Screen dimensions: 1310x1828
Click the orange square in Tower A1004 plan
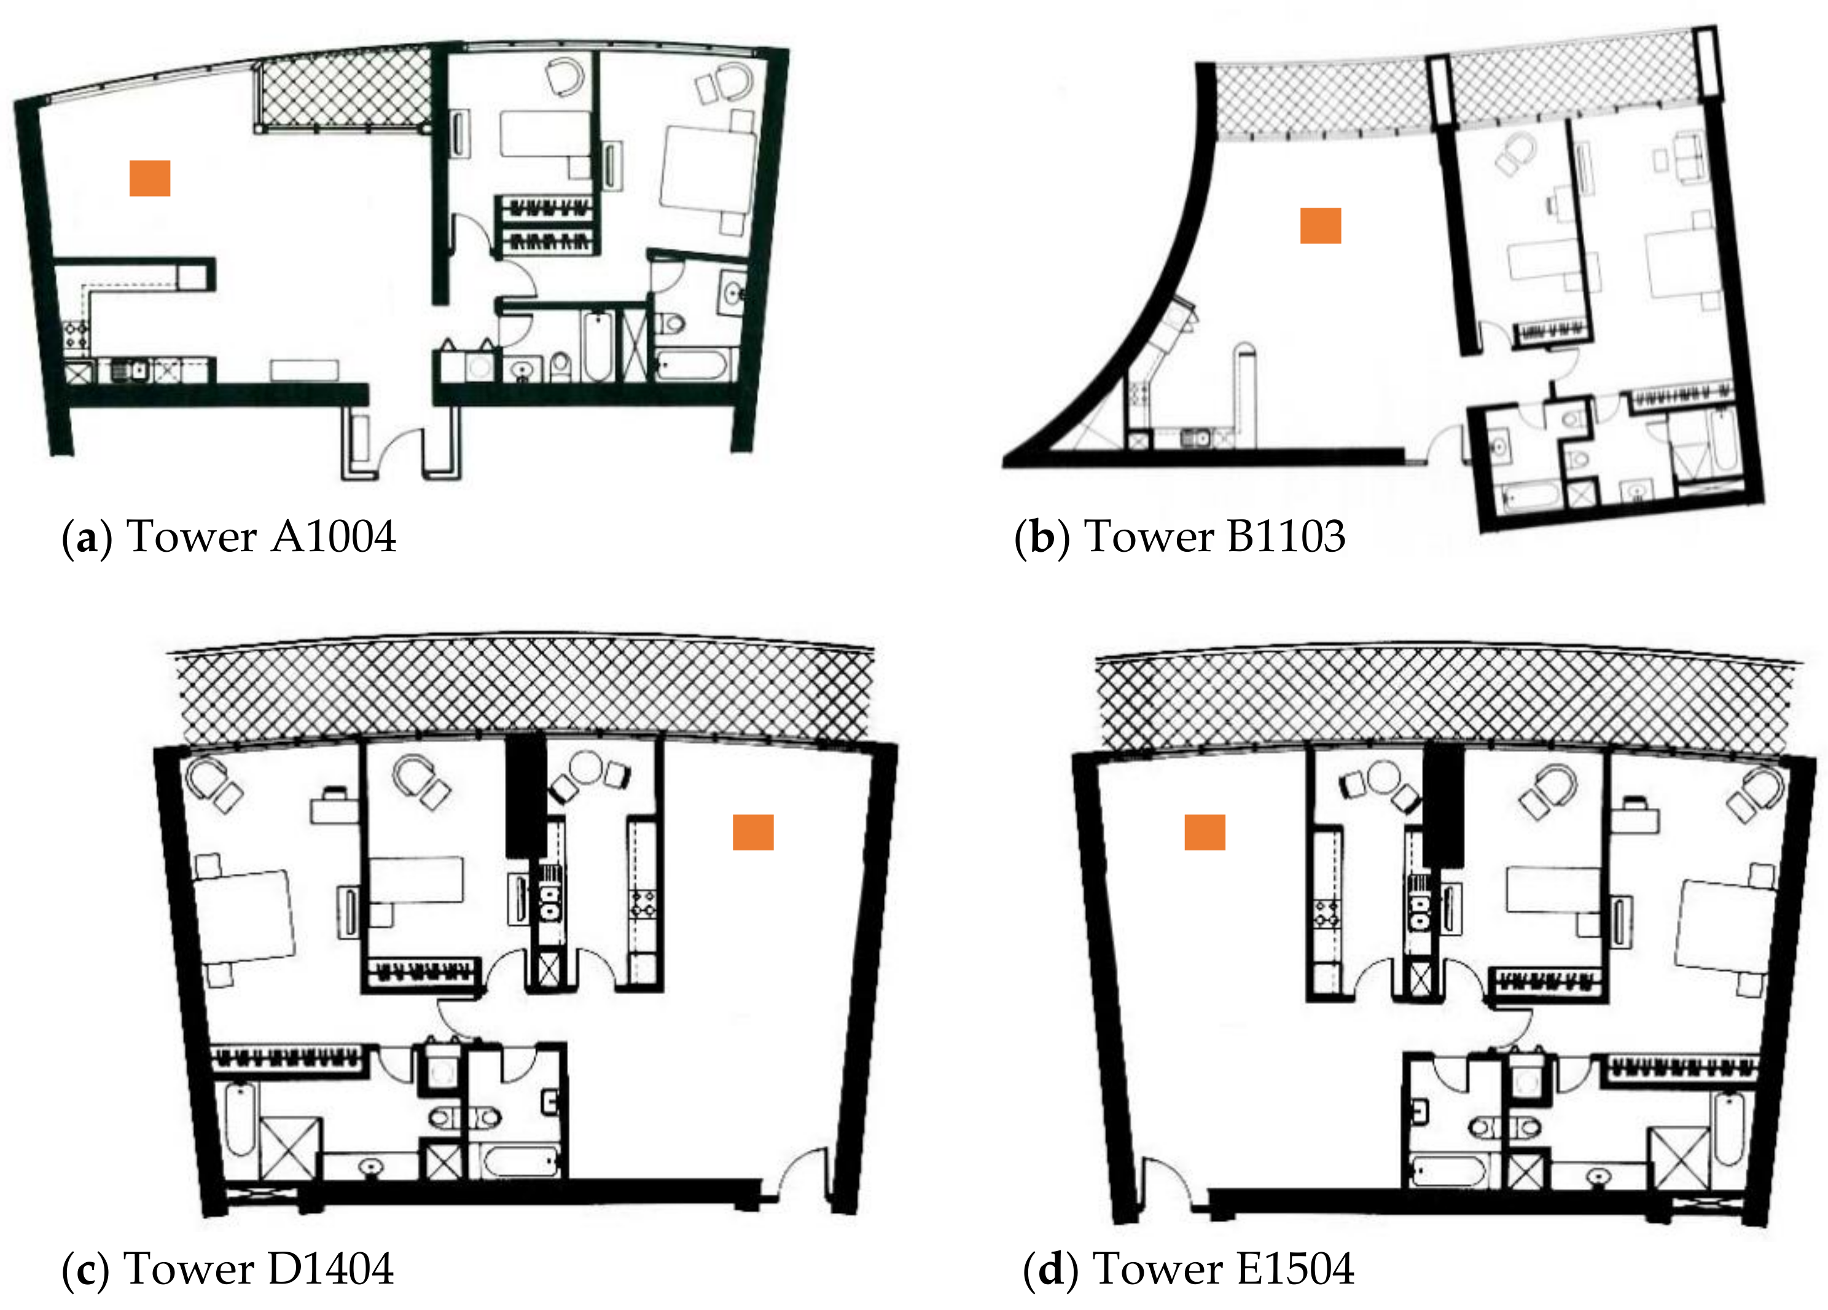click(150, 178)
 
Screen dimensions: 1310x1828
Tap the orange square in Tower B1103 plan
click(1320, 226)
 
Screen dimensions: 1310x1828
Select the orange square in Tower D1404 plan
click(753, 832)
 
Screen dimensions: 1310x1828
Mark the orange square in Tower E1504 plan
click(1204, 832)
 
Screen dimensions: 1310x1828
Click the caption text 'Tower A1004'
click(261, 537)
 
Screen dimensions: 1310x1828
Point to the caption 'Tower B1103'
click(1214, 537)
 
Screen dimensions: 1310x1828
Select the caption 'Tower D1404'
click(258, 1269)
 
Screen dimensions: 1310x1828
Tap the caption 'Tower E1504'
click(1223, 1269)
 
